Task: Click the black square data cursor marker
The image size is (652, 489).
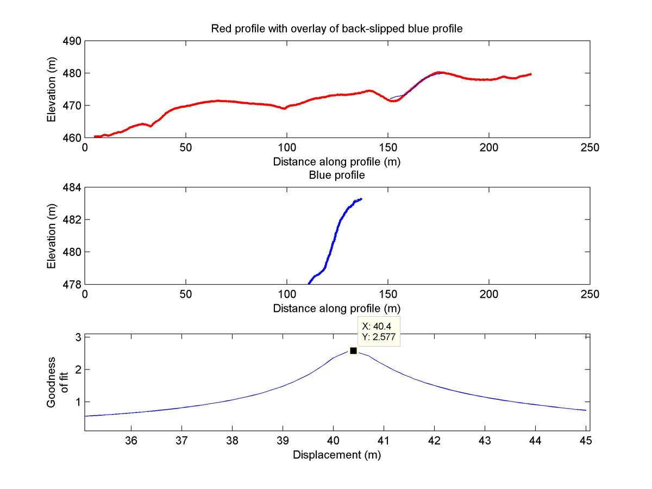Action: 353,351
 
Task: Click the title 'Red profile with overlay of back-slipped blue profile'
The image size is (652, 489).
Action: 337,29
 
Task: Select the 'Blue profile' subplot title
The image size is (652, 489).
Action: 337,175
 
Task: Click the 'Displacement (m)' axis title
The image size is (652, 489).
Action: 337,455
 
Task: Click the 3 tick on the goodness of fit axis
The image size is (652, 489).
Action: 78,337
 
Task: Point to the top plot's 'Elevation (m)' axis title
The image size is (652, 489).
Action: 52,90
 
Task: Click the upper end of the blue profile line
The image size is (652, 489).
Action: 361,199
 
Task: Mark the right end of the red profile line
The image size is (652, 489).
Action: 530,74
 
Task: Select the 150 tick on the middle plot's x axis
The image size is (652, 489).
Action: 388,294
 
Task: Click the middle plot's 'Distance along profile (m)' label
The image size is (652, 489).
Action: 337,309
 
